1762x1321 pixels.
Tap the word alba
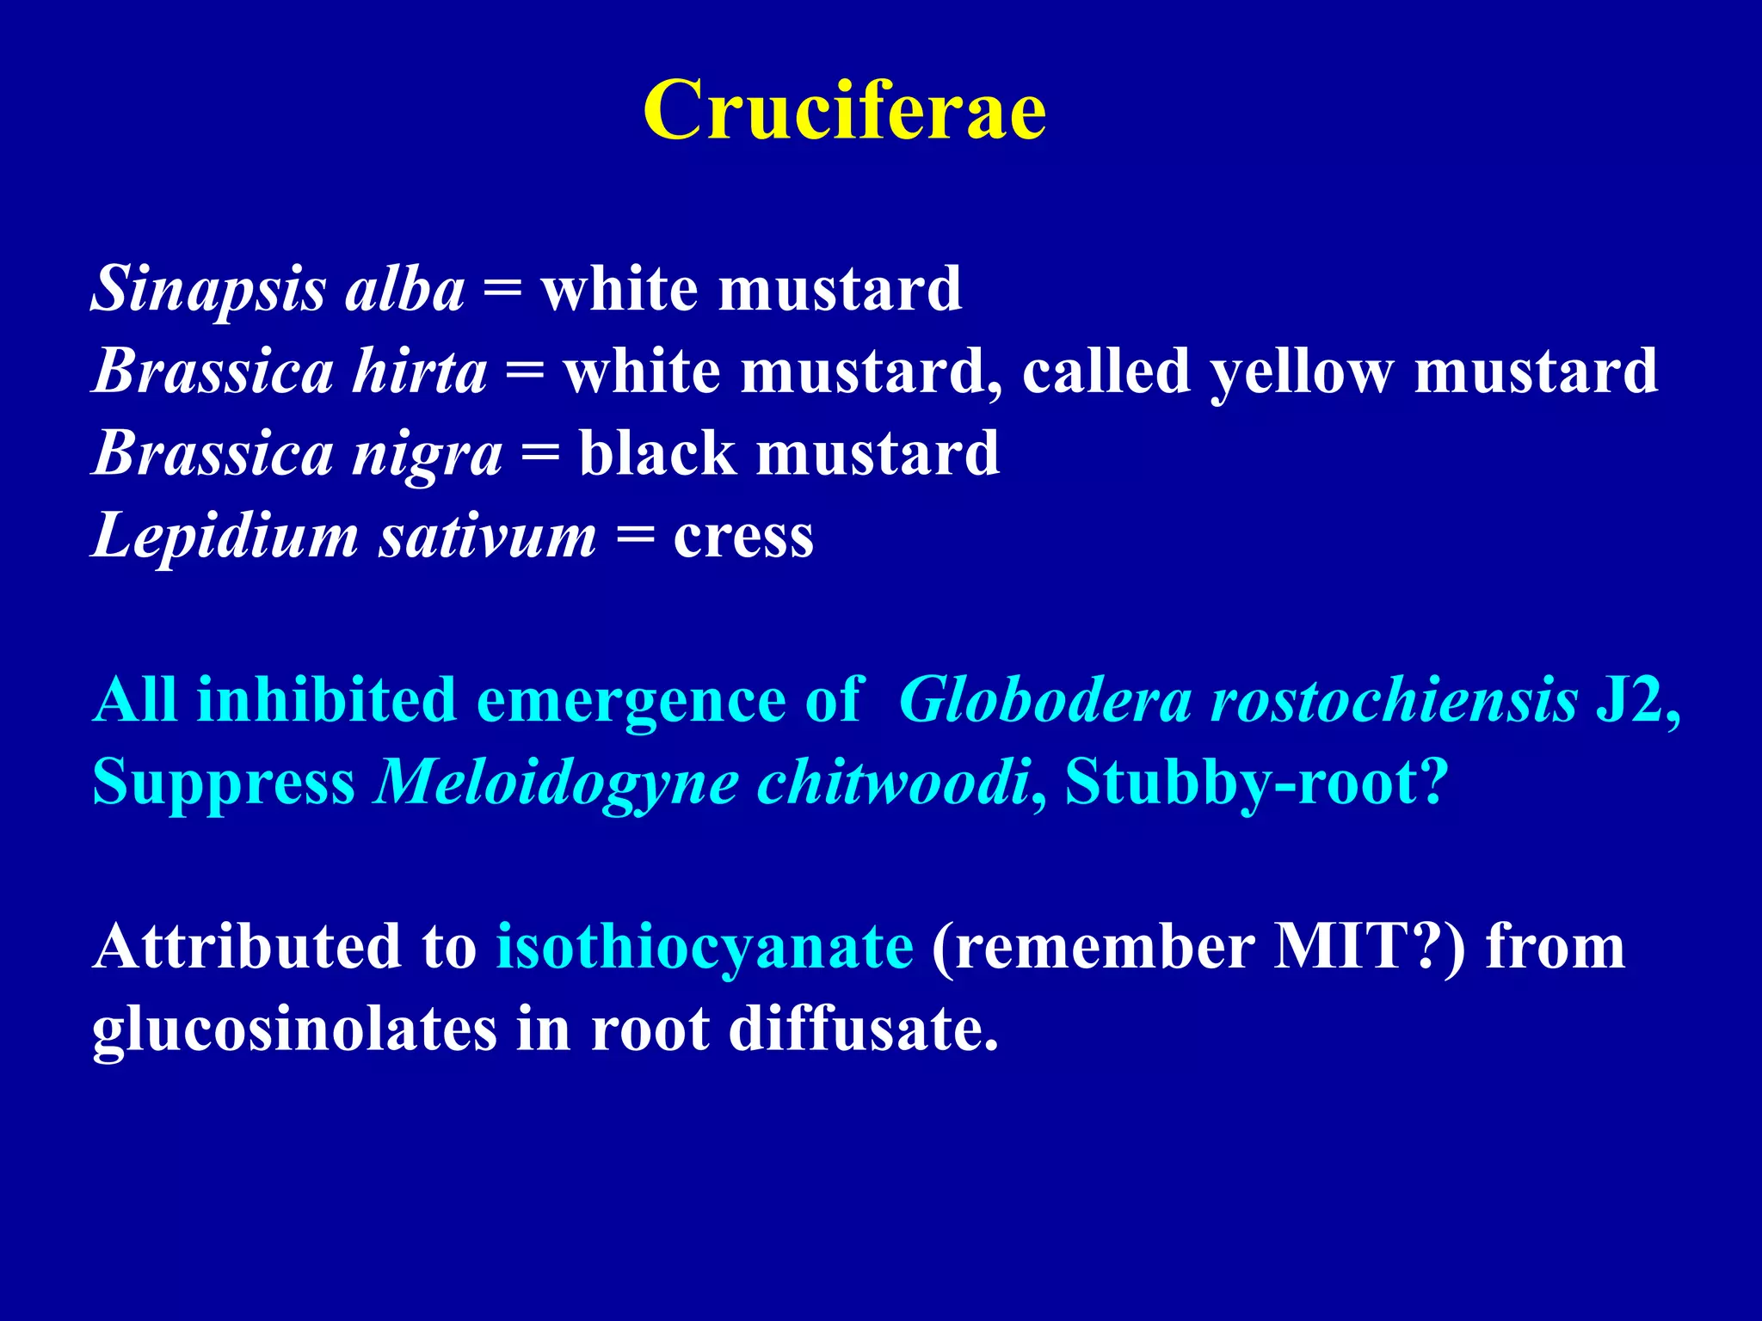(x=404, y=289)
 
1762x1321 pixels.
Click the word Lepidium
(x=225, y=537)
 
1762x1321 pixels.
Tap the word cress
(x=743, y=537)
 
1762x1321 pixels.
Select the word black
(x=657, y=454)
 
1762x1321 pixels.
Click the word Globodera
(x=1044, y=700)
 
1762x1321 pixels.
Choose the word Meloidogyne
(x=556, y=783)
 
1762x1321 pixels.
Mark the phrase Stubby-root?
(x=1257, y=783)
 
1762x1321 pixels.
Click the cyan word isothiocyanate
(x=705, y=947)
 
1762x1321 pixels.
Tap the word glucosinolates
(x=294, y=1029)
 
